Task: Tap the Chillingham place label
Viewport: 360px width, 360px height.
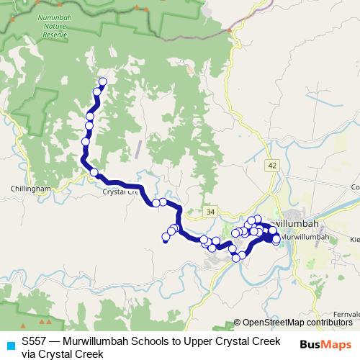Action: [30, 188]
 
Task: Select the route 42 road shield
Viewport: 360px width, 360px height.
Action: [271, 165]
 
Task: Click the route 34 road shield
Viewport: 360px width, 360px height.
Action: [210, 212]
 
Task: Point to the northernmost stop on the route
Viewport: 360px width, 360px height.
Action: [102, 81]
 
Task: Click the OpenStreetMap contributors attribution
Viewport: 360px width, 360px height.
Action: [298, 322]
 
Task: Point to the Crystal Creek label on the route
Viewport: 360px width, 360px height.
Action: [120, 192]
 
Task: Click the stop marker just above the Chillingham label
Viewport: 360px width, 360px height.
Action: [94, 171]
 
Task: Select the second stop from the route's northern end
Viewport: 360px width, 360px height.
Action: [96, 92]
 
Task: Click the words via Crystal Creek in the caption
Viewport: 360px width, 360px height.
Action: [63, 354]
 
